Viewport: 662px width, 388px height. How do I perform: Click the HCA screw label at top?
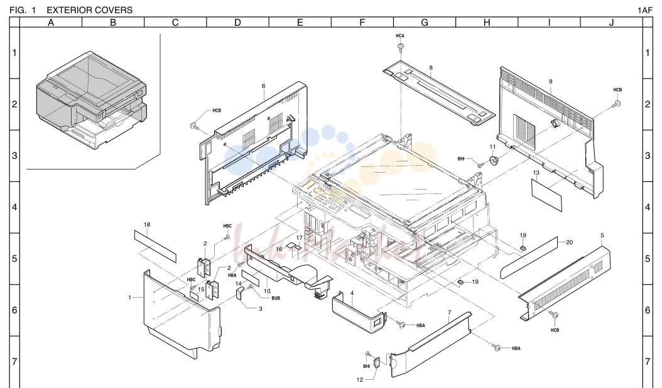click(x=400, y=36)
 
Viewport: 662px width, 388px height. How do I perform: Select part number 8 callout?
click(x=431, y=68)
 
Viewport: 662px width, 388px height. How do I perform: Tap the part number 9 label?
click(x=551, y=82)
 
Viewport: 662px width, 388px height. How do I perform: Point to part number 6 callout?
click(x=263, y=86)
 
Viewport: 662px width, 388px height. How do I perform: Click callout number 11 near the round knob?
click(x=492, y=147)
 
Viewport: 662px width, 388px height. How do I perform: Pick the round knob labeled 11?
click(x=493, y=161)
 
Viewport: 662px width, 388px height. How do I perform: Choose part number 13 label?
click(x=536, y=173)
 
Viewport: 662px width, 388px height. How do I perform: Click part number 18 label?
click(x=146, y=225)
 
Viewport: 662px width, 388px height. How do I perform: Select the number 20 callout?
click(x=569, y=242)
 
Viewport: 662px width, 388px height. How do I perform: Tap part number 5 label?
click(x=602, y=235)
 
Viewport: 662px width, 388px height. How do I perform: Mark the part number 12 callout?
click(x=359, y=380)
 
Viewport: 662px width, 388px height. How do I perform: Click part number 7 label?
click(x=449, y=313)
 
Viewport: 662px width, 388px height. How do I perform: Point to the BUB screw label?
click(x=276, y=298)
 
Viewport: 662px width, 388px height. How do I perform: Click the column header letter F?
click(x=362, y=23)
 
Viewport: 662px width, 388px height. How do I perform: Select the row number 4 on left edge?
click(x=14, y=207)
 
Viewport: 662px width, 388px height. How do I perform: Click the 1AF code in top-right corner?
click(x=644, y=11)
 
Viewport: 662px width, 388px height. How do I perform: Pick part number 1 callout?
click(x=129, y=298)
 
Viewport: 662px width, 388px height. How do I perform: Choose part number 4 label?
click(x=352, y=293)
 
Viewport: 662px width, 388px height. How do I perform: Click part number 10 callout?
click(x=267, y=291)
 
